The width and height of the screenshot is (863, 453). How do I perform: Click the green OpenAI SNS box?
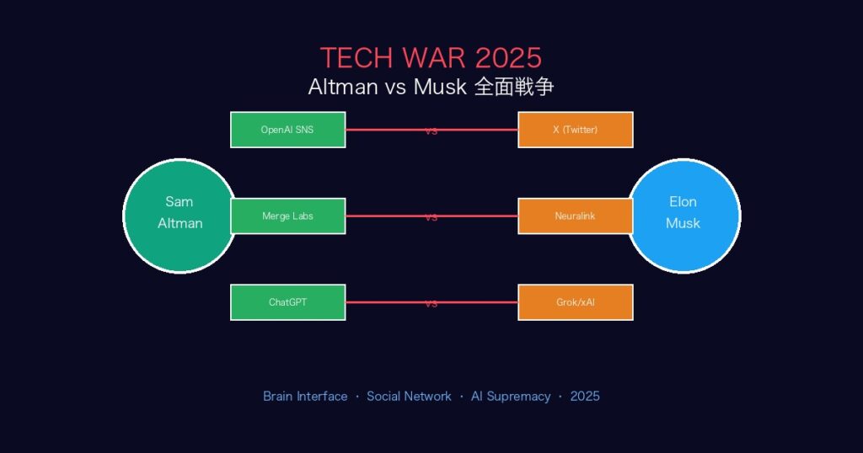(x=287, y=130)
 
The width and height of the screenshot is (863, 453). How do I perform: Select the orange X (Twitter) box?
(x=575, y=130)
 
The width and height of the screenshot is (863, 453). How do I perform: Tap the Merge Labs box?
(x=287, y=216)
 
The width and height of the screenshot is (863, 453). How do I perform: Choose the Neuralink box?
(x=575, y=216)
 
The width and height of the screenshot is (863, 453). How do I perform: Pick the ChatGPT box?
(x=287, y=302)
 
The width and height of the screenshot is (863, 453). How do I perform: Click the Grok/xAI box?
(x=575, y=302)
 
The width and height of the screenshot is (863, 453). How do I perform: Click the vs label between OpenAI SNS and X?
(x=431, y=131)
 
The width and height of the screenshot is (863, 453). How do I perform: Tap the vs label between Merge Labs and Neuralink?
(x=431, y=217)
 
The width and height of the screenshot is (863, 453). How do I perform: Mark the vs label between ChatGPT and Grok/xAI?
(x=431, y=304)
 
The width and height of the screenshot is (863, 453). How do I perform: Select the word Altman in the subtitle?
(x=343, y=88)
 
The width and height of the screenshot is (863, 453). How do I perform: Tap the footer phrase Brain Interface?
(x=305, y=396)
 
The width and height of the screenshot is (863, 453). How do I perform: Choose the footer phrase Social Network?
(x=409, y=396)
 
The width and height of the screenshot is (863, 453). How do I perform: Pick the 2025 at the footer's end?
(x=585, y=396)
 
